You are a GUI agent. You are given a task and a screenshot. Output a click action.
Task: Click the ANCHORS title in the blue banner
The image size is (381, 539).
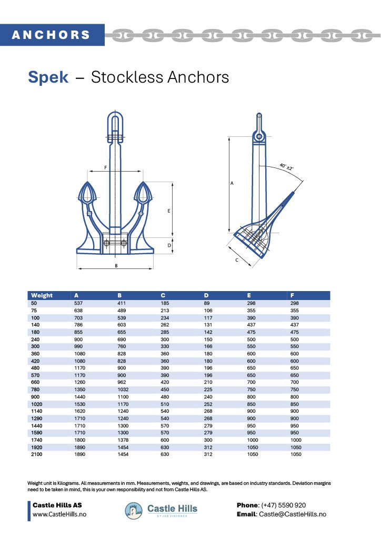51,35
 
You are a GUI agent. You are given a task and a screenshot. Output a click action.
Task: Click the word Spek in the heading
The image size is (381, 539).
48,77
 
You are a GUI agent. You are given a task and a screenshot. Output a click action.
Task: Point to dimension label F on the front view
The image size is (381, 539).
106,167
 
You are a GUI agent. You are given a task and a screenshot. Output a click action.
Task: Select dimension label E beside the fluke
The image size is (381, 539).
168,211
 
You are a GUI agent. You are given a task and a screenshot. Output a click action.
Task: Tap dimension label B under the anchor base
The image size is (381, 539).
116,266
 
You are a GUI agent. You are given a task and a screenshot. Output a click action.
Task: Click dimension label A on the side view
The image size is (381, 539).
232,183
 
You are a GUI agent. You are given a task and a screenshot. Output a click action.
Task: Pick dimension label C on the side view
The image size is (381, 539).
236,260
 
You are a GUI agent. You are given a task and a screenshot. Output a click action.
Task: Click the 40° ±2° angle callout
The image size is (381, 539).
286,167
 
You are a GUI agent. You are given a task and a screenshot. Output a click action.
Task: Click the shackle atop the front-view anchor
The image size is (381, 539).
115,126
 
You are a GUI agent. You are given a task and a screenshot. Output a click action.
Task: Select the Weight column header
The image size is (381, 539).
42,295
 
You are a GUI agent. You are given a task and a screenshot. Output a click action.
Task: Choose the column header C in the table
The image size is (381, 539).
163,295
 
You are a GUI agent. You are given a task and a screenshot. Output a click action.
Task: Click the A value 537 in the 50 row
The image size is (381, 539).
79,304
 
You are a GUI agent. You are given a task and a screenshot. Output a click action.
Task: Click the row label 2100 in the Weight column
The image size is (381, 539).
37,454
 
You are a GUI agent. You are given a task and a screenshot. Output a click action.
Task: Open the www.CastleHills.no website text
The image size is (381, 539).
59,514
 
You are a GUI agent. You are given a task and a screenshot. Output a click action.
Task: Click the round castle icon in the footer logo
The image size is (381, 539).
134,510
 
